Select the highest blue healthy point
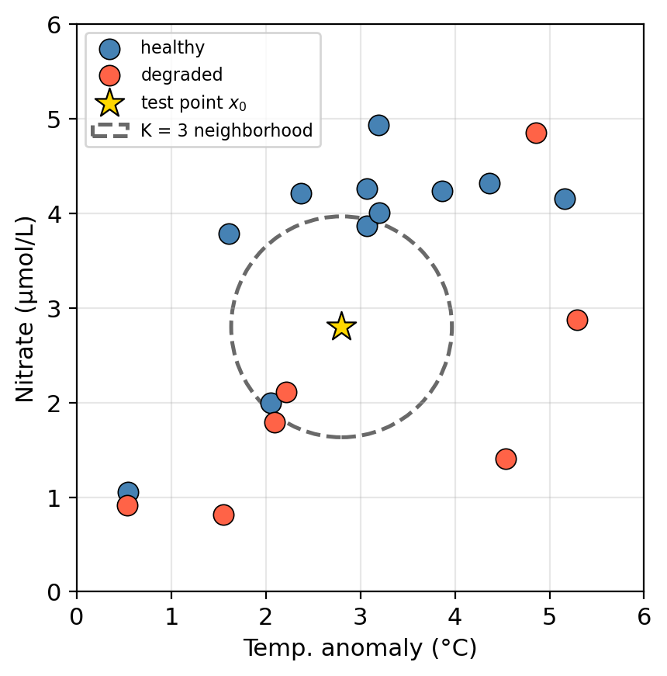click(378, 125)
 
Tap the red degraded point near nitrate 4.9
click(536, 133)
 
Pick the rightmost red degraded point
click(577, 320)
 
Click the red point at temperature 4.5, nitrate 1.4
click(506, 459)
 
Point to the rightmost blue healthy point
click(565, 199)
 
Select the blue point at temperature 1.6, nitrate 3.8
click(229, 234)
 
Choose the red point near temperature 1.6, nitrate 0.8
click(223, 515)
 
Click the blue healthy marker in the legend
click(109, 48)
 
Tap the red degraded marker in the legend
click(109, 75)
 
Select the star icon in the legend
click(109, 102)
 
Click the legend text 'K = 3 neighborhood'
click(226, 130)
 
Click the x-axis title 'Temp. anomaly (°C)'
click(360, 648)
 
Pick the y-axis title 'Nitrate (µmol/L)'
click(26, 308)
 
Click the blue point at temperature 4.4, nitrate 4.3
click(489, 183)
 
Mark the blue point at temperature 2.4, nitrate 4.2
click(301, 193)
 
